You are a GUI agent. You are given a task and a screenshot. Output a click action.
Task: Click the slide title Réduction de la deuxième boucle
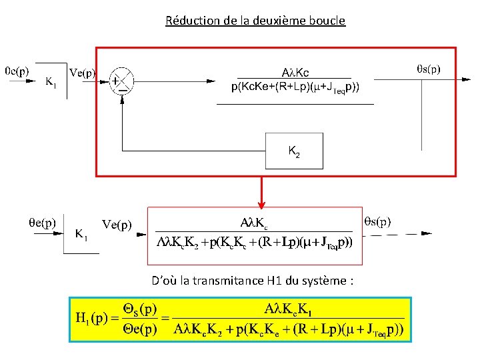click(255, 21)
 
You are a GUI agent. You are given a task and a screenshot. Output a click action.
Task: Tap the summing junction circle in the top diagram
click(121, 81)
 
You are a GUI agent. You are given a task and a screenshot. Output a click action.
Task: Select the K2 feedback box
click(293, 151)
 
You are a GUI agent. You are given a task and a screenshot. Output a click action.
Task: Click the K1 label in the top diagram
click(51, 82)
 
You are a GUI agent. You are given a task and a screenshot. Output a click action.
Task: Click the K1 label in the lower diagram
click(81, 234)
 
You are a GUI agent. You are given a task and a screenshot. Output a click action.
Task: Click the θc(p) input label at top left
click(17, 69)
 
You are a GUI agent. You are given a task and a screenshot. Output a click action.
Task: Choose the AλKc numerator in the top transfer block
click(295, 73)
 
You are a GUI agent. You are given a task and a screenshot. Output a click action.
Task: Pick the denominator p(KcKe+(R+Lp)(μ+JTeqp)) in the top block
click(295, 87)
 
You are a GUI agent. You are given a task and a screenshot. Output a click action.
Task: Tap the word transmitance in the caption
click(228, 281)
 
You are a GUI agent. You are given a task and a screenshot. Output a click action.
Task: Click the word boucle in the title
click(327, 21)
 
